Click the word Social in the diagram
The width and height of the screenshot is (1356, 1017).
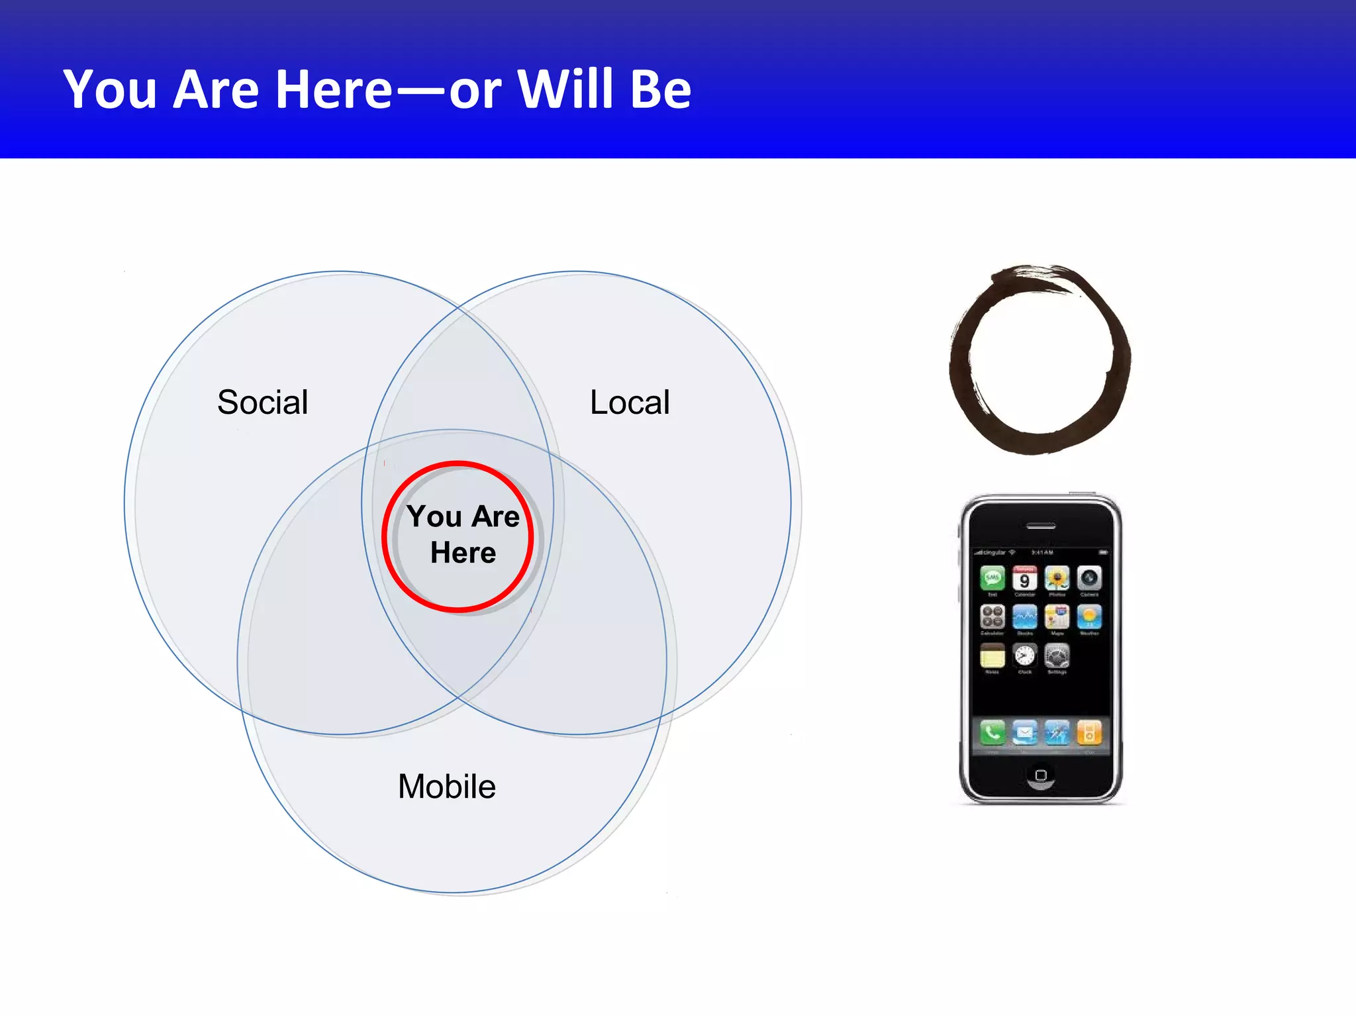tap(263, 403)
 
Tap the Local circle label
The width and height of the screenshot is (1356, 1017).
tap(630, 403)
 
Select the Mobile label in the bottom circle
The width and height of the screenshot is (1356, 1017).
tap(447, 787)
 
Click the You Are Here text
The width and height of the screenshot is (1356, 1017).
tap(463, 534)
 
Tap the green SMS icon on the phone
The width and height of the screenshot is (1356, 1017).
tap(992, 579)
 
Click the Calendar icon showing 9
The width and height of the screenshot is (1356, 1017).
tap(1024, 579)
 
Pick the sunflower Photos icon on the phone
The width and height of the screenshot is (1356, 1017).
tap(1057, 579)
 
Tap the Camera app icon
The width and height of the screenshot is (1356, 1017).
tap(1089, 579)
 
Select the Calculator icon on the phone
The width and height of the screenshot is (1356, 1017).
tap(992, 617)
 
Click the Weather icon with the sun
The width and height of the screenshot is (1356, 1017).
tap(1089, 617)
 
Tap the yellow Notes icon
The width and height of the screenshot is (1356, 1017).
tap(992, 656)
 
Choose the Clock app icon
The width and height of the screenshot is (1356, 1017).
tap(1024, 656)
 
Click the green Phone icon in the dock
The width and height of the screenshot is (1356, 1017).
tap(992, 733)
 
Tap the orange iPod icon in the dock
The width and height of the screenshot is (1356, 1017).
tap(1089, 733)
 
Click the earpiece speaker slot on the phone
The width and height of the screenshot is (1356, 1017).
tap(1041, 527)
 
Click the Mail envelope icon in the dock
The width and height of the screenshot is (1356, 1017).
tap(1024, 733)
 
